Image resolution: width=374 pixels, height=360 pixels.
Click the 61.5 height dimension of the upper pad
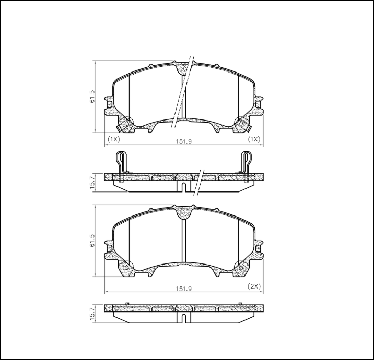(x=92, y=97)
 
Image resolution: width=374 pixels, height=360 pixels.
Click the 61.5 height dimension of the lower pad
(x=92, y=241)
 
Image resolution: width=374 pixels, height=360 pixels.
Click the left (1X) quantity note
(x=114, y=140)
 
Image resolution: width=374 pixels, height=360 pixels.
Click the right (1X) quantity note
(x=253, y=140)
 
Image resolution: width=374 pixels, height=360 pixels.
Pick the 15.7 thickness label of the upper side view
(x=92, y=183)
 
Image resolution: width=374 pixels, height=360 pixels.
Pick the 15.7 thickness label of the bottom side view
(x=92, y=314)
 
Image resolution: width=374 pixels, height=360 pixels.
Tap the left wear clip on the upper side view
(x=121, y=161)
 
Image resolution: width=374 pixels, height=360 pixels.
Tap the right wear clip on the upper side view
(x=247, y=161)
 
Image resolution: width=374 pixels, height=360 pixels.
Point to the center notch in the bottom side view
(x=184, y=317)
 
